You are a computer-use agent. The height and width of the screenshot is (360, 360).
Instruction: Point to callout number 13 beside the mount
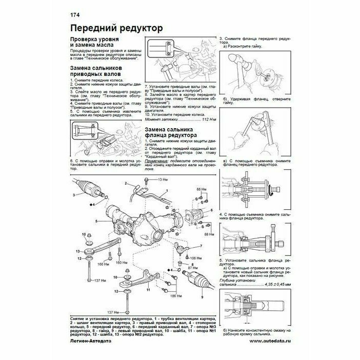(x=78, y=251)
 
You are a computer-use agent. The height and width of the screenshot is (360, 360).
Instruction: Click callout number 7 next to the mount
(x=202, y=247)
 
